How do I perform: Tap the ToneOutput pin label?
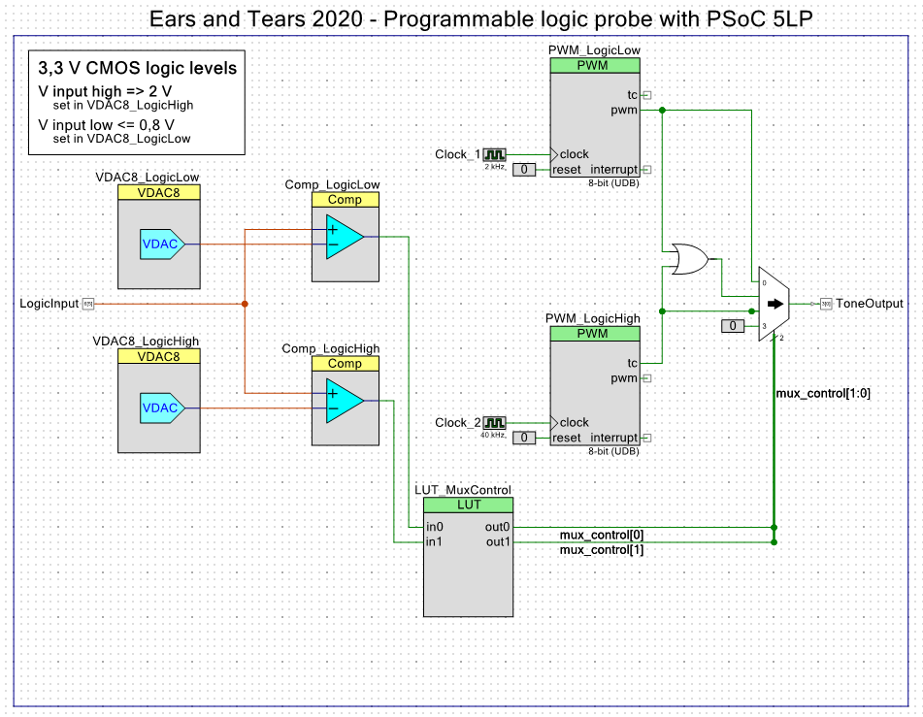(x=869, y=304)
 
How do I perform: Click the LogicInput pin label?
(x=49, y=304)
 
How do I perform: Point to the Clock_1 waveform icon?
(x=495, y=154)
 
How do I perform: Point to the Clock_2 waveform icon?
(x=495, y=423)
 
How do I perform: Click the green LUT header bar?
(x=468, y=505)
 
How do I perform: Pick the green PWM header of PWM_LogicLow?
(x=594, y=65)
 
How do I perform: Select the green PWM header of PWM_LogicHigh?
(x=594, y=333)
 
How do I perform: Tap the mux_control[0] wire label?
(x=602, y=535)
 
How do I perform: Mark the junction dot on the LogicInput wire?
(x=245, y=304)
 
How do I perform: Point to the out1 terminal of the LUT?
(x=498, y=541)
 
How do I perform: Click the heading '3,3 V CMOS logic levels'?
(x=136, y=69)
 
